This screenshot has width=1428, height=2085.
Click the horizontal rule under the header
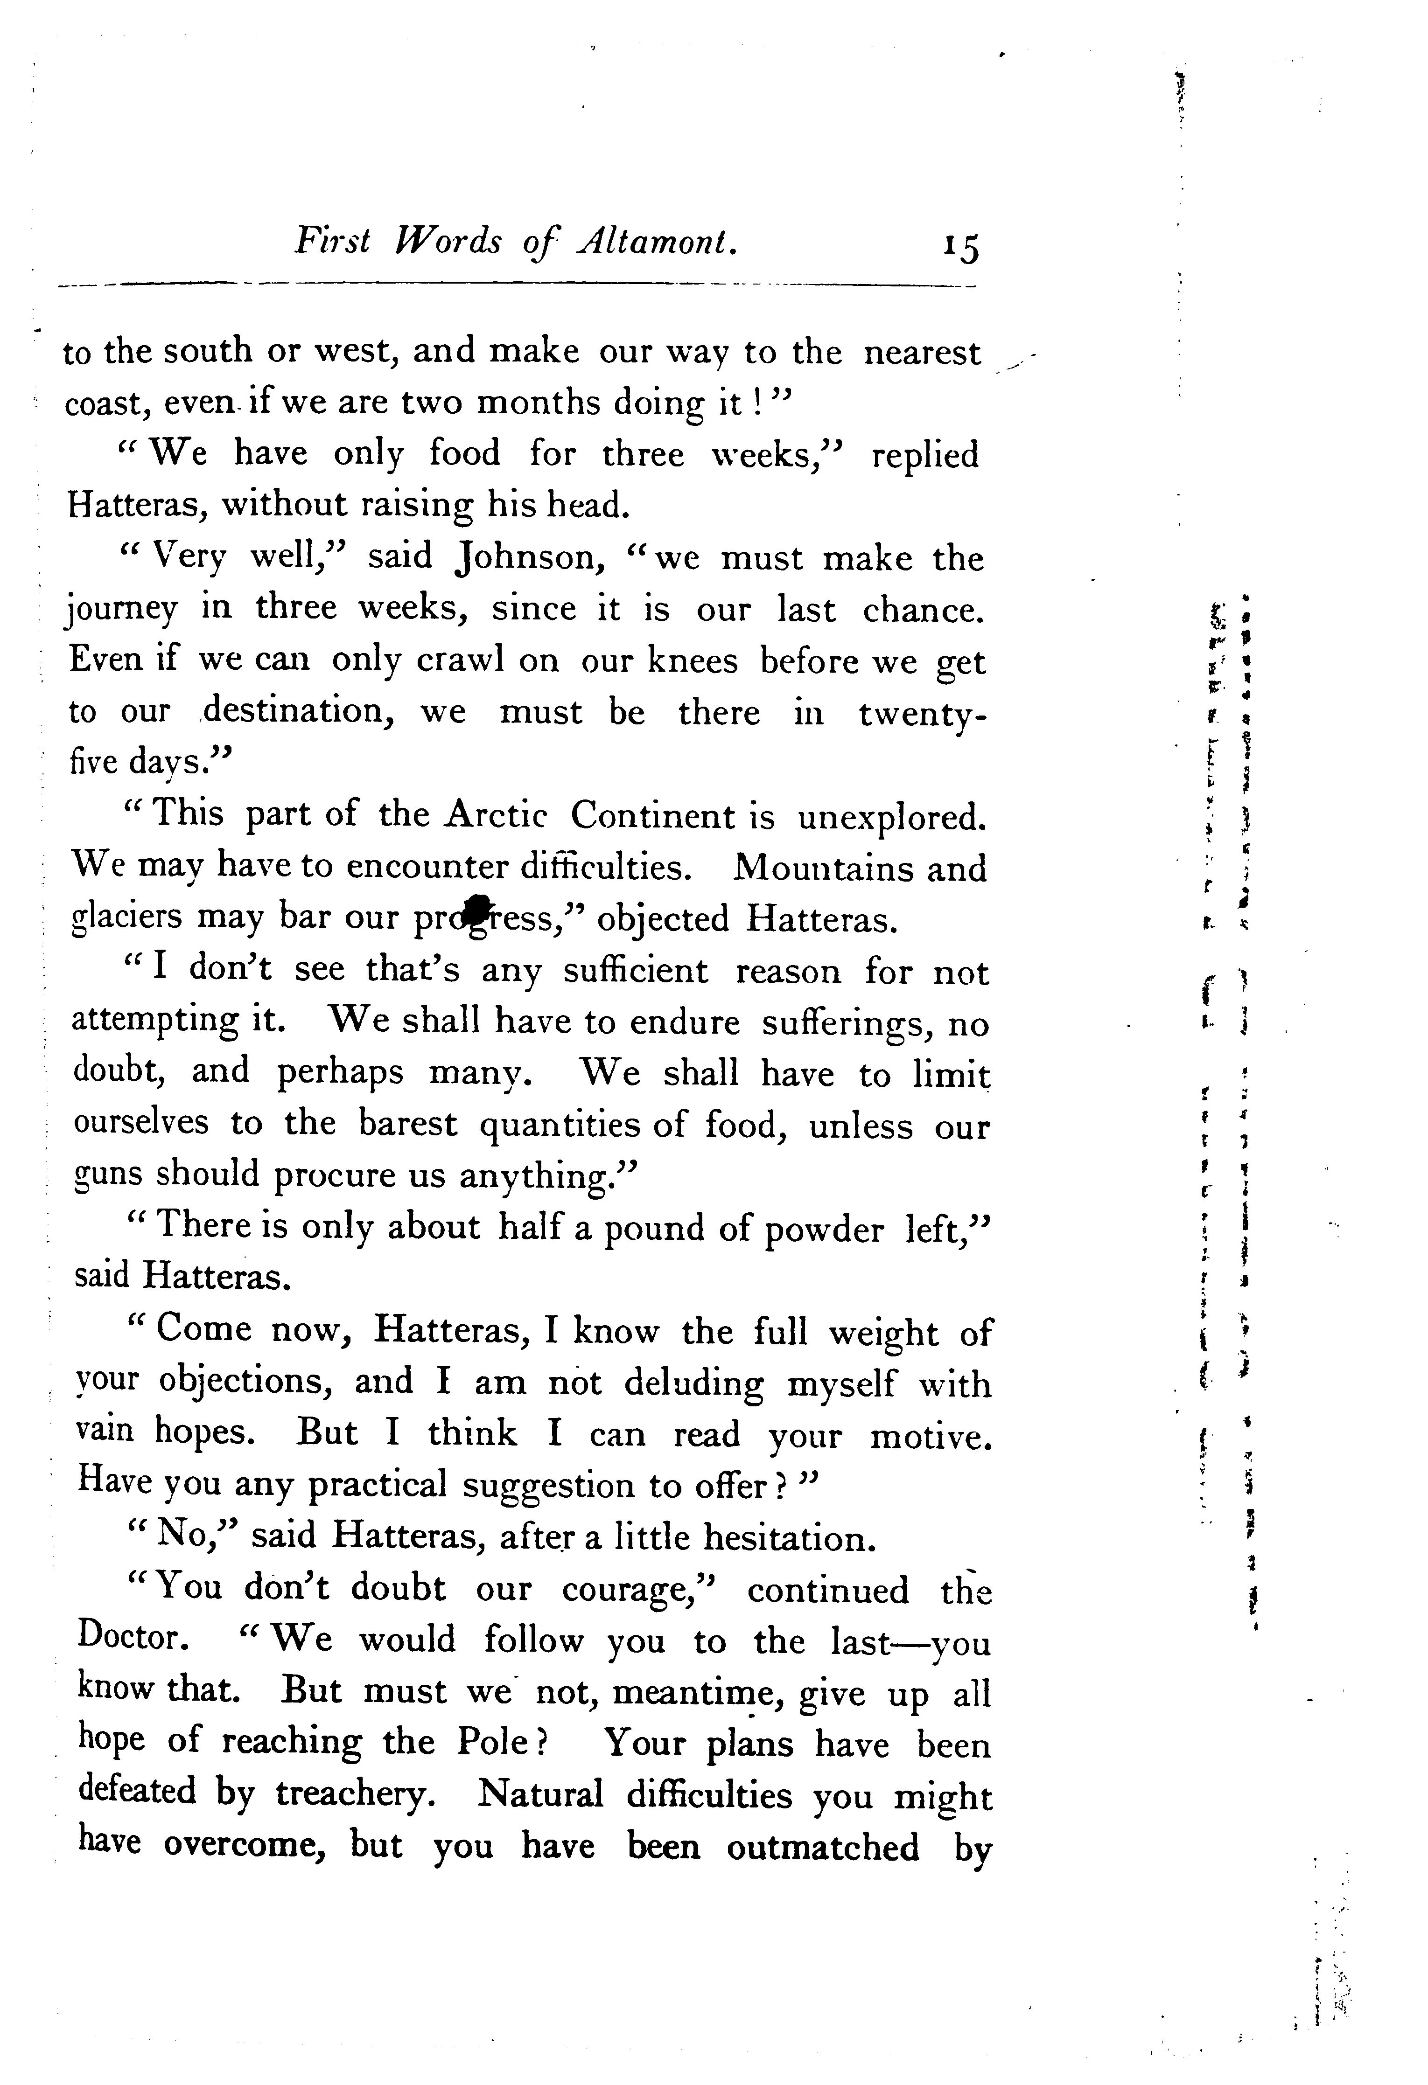click(516, 287)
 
